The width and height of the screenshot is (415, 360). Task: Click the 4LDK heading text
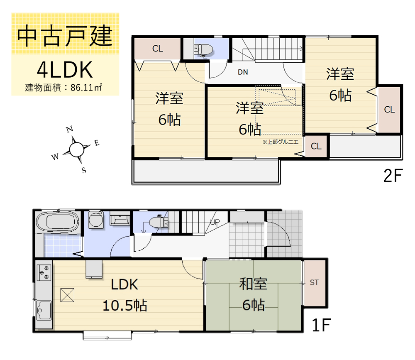pyautogui.click(x=65, y=70)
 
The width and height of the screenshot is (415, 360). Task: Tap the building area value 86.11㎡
pyautogui.click(x=86, y=88)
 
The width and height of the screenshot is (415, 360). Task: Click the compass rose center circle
pyautogui.click(x=77, y=149)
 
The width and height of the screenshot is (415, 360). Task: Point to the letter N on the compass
pyautogui.click(x=70, y=129)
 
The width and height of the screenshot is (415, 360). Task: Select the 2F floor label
pyautogui.click(x=393, y=175)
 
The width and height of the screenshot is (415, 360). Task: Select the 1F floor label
pyautogui.click(x=321, y=325)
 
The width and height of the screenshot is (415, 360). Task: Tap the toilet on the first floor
pyautogui.click(x=159, y=222)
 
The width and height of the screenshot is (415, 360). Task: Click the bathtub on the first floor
pyautogui.click(x=57, y=222)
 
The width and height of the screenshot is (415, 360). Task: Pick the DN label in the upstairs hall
pyautogui.click(x=243, y=72)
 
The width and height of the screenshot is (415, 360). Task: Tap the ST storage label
pyautogui.click(x=314, y=283)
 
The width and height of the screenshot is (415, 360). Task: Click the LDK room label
pyautogui.click(x=124, y=284)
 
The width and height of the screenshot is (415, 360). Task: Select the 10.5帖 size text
pyautogui.click(x=124, y=306)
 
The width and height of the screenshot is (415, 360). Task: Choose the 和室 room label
pyautogui.click(x=253, y=284)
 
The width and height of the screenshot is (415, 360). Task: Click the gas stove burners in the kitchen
pyautogui.click(x=44, y=272)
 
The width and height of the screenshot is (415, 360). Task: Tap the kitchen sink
pyautogui.click(x=44, y=311)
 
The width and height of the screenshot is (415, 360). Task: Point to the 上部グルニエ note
pyautogui.click(x=280, y=142)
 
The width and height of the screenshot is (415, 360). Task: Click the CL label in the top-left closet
pyautogui.click(x=157, y=49)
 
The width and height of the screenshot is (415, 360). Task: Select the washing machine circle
pyautogui.click(x=95, y=219)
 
